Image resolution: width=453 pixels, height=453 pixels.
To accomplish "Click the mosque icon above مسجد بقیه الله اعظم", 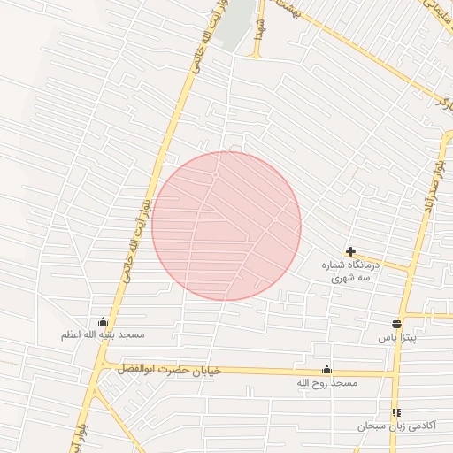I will [x=104, y=322].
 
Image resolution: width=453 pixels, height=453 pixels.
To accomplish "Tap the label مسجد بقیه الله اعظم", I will [x=103, y=335].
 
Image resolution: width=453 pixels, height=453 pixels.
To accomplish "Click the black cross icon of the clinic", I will [x=351, y=252].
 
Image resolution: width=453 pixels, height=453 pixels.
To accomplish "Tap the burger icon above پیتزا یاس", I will [x=396, y=325].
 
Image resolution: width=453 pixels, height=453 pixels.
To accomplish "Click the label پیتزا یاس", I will [x=396, y=338].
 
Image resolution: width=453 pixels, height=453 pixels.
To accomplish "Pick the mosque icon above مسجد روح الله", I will [x=326, y=370].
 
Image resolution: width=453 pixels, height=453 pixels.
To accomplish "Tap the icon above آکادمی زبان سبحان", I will [x=395, y=412].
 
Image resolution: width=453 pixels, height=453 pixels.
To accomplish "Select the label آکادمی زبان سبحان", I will [x=397, y=426].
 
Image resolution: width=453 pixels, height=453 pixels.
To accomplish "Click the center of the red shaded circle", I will [x=226, y=226].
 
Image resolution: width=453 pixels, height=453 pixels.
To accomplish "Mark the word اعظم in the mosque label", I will [x=73, y=335].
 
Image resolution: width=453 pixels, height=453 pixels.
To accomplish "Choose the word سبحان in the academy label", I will [x=372, y=426].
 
